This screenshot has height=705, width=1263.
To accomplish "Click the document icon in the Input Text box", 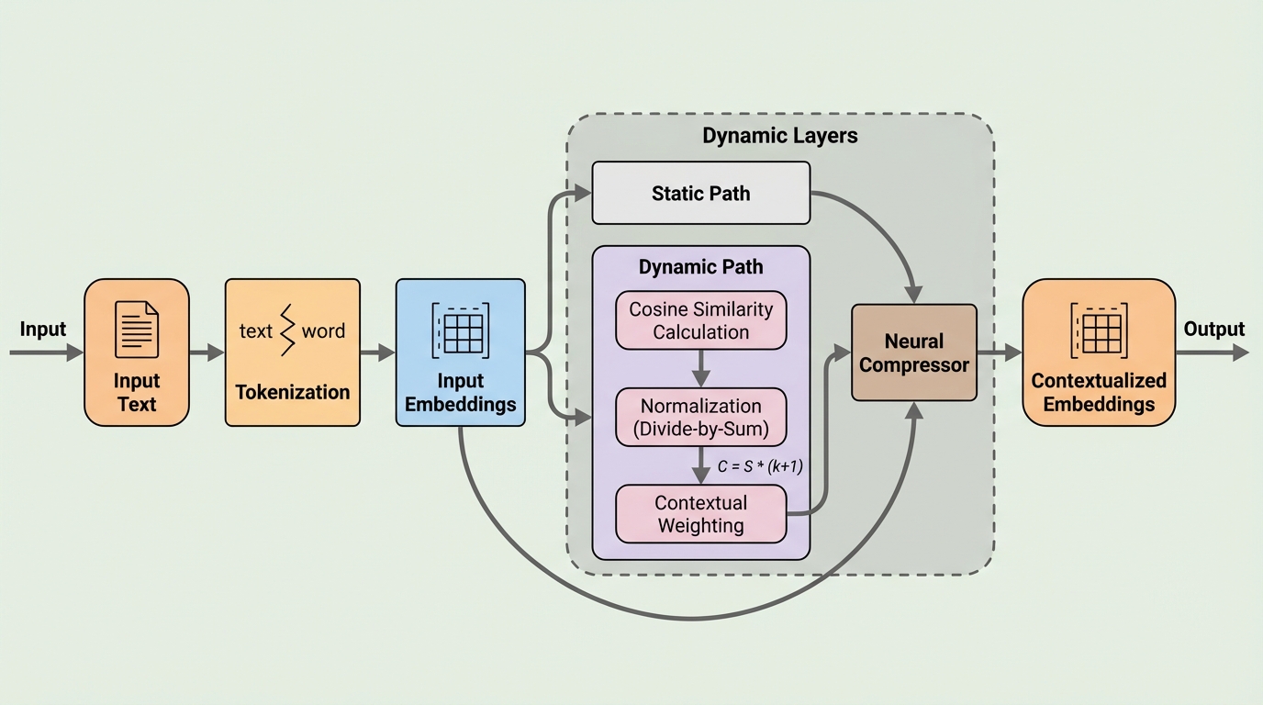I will (137, 330).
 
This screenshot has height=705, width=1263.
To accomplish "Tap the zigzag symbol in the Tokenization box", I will (290, 330).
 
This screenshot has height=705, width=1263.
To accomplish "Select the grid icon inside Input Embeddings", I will (461, 330).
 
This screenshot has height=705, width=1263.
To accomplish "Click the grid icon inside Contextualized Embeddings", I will (1099, 330).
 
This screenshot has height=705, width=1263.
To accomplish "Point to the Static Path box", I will (700, 193).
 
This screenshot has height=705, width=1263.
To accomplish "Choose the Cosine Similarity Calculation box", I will (700, 320).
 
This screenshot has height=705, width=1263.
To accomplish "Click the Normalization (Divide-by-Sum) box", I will (700, 417).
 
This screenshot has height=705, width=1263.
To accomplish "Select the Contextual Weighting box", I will (700, 514).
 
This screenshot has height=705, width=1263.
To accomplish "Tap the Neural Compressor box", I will (913, 353).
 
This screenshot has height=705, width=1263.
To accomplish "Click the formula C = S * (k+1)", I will (761, 466).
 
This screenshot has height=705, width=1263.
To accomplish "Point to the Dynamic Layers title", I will (779, 136).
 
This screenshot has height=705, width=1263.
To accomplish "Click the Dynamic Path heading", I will (700, 267).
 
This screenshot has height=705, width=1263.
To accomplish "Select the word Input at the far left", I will (43, 330).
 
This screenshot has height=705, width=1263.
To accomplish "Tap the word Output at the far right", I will (1213, 330).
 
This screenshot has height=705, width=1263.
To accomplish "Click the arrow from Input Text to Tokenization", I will (207, 352).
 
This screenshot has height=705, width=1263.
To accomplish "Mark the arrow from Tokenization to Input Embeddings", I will (377, 352).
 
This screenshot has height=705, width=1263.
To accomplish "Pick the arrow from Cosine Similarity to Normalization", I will (700, 368).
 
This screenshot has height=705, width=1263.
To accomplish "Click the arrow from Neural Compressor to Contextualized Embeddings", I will (1000, 352).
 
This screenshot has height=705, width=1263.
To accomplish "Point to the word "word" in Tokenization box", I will (323, 330).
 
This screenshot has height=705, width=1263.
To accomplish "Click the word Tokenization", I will (292, 392).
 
